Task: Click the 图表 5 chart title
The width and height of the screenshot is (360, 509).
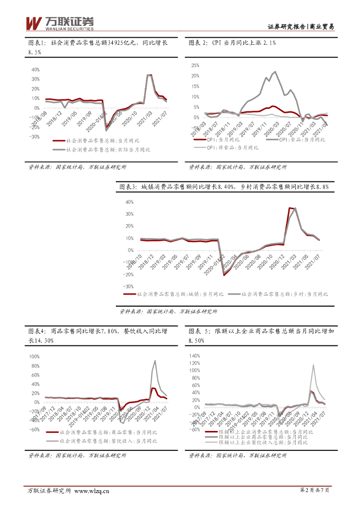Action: pyautogui.click(x=258, y=335)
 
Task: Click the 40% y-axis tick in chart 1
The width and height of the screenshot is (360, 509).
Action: pyautogui.click(x=35, y=69)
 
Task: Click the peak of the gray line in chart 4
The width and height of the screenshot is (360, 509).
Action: pyautogui.click(x=156, y=361)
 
